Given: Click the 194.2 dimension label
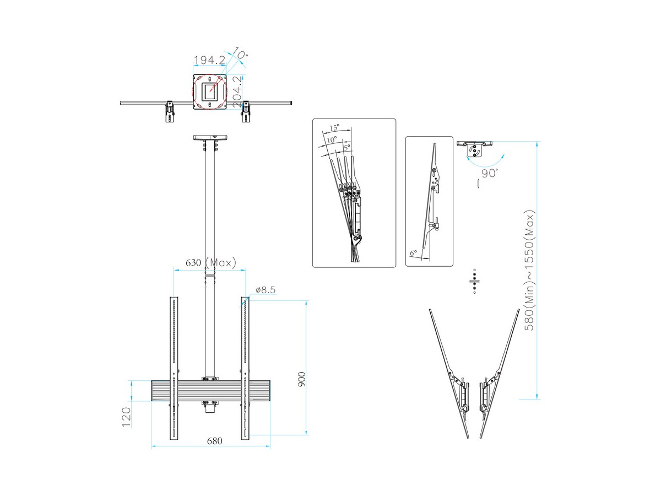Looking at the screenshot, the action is click(x=209, y=60).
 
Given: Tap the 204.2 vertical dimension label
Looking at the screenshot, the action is click(x=237, y=92).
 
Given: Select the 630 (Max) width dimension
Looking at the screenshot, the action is click(x=210, y=263).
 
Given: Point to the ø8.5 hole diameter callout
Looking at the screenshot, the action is click(x=266, y=290).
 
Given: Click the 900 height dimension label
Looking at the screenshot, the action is click(x=301, y=380).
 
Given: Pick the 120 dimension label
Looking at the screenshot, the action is click(x=126, y=417).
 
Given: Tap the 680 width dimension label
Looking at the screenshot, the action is click(x=214, y=441).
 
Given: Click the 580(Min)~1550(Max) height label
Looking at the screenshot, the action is click(x=529, y=271).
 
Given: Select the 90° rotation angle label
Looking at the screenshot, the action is click(x=489, y=173).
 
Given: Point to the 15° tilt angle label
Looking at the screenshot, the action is click(x=334, y=128).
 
